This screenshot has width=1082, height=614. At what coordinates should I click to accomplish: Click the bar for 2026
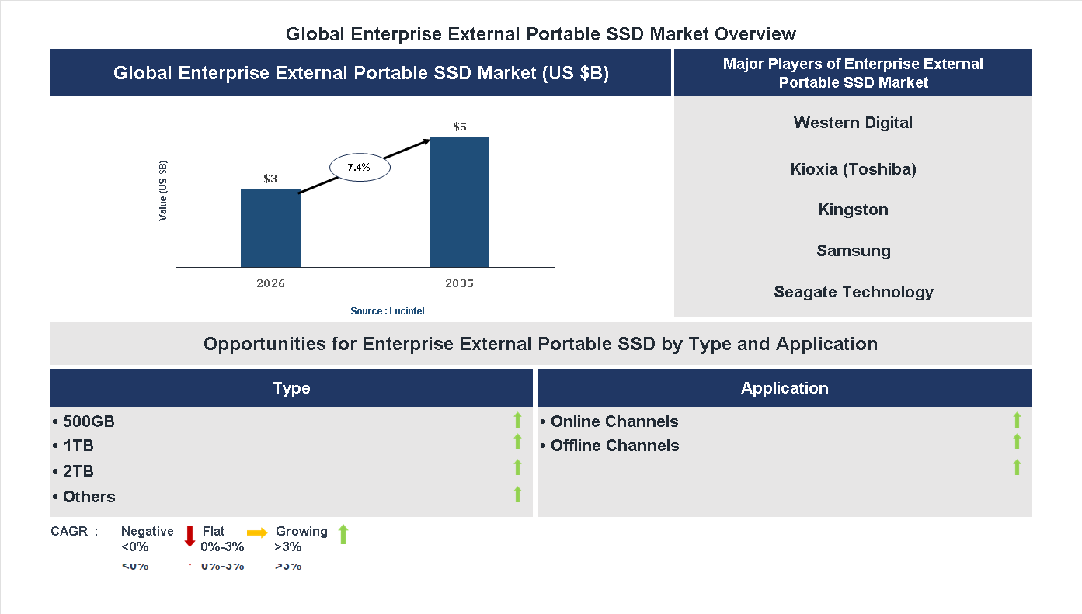pyautogui.click(x=270, y=229)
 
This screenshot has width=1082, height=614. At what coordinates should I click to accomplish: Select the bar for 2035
pyautogui.click(x=460, y=203)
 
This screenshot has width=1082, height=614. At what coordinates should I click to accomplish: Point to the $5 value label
pyautogui.click(x=460, y=127)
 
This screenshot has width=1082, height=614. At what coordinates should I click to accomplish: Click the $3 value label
pyautogui.click(x=270, y=179)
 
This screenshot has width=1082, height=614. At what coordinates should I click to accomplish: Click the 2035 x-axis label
pyautogui.click(x=460, y=283)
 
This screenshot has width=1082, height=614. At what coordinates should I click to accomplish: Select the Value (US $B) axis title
pyautogui.click(x=163, y=190)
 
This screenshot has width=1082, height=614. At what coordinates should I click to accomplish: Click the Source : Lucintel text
pyautogui.click(x=388, y=311)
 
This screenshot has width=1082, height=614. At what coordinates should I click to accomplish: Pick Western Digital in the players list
pyautogui.click(x=853, y=123)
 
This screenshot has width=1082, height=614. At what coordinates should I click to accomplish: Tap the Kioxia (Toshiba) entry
pyautogui.click(x=853, y=169)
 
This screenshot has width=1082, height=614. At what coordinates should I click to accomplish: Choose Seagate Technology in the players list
pyautogui.click(x=853, y=292)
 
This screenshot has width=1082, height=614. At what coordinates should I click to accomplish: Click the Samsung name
pyautogui.click(x=853, y=251)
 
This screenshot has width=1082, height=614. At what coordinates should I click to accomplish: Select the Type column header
pyautogui.click(x=291, y=388)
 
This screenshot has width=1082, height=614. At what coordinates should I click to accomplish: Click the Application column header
pyautogui.click(x=785, y=388)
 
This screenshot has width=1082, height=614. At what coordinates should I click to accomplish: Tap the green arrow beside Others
pyautogui.click(x=517, y=494)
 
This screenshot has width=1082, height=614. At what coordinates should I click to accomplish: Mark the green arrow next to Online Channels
pyautogui.click(x=1017, y=420)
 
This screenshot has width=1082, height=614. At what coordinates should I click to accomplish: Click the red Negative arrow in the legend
pyautogui.click(x=190, y=536)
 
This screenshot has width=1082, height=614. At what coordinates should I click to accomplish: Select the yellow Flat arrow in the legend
pyautogui.click(x=257, y=532)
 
